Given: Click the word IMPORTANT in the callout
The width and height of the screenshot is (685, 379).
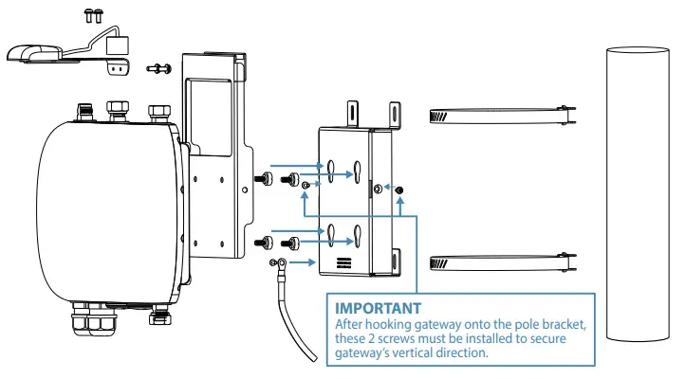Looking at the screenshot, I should point(378,308).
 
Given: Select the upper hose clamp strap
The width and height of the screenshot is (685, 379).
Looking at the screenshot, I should point(499,117).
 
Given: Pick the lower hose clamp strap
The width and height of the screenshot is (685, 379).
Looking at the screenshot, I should point(499,261).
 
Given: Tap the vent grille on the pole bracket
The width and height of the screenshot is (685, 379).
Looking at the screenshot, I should point(342,261).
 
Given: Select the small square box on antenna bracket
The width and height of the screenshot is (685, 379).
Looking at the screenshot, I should point(120,45).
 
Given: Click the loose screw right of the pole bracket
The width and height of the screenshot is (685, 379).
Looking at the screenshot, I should point(400,190).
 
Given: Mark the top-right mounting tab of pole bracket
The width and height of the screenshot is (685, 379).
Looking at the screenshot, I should point(389,112).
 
